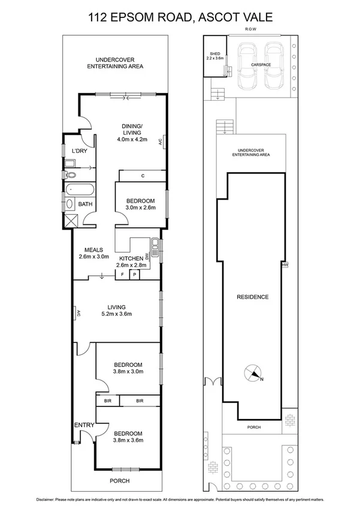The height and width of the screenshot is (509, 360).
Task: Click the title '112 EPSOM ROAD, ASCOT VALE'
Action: (180, 17)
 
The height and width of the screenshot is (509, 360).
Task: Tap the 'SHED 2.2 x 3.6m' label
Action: (214, 55)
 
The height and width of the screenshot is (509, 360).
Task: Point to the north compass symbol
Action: (255, 375)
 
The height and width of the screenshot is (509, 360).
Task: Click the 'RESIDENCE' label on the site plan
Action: (252, 297)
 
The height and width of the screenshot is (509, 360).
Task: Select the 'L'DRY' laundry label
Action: (80, 150)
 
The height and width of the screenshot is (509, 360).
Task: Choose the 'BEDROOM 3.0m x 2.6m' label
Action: (141, 204)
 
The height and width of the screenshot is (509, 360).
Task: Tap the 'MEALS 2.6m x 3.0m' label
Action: (94, 253)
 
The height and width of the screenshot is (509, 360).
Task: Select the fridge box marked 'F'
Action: (123, 275)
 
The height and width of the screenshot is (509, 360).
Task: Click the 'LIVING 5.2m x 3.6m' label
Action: (117, 310)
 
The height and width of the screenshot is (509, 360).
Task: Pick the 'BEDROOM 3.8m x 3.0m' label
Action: (128, 368)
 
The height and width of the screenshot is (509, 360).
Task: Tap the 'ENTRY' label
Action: (84, 425)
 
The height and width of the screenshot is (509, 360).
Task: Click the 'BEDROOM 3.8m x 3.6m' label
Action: (128, 437)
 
